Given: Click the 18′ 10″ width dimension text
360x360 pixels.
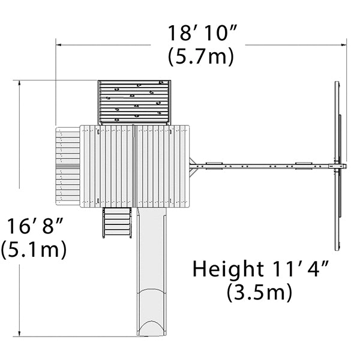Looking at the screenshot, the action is coord(202,32).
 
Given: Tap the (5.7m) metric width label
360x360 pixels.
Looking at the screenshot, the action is coord(201,57).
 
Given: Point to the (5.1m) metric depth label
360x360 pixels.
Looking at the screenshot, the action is coord(34,250).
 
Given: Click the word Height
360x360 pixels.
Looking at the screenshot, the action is coord(228,269).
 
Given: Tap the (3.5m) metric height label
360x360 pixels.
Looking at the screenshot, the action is coord(259,292).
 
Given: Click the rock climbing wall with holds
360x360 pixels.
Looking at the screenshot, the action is coord(134,102).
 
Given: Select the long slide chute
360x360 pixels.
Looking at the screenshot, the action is coord(152,271).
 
